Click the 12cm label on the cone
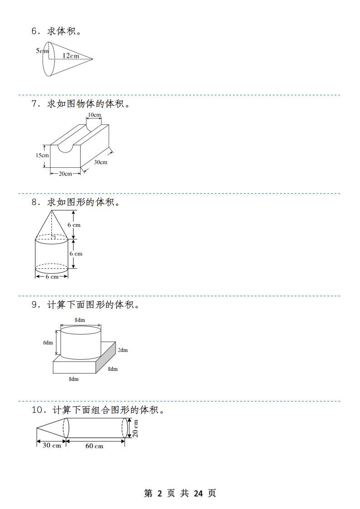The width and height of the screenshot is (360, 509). point(71,55)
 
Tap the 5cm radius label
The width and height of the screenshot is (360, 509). point(42,51)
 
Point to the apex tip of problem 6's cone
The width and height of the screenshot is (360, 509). point(93,59)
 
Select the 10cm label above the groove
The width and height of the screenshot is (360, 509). point(94,115)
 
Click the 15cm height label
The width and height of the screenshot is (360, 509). point(42,155)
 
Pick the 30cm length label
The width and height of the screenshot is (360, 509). point(101,162)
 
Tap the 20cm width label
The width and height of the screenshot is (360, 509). point(65,174)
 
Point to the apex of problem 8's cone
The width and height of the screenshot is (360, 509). point(52,210)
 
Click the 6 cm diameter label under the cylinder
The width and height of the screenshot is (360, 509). point(52,277)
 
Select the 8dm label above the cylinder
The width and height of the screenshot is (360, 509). point(80,320)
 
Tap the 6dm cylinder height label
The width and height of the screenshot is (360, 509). point(48,343)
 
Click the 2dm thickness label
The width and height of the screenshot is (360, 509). point(123,350)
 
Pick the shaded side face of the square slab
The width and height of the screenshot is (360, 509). point(106,357)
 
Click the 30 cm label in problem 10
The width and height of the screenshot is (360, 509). point(52,445)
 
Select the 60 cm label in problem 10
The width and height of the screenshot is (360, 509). point(94,446)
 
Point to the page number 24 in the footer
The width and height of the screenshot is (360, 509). point(198,494)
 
